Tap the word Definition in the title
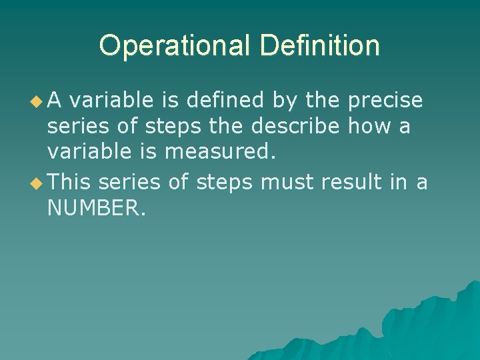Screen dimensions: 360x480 (320, 46)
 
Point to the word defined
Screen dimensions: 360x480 (226, 100)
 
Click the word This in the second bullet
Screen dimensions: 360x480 (70, 181)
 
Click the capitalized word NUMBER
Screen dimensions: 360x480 (96, 209)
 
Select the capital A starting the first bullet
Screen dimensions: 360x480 (55, 100)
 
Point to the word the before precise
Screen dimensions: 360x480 (325, 100)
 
